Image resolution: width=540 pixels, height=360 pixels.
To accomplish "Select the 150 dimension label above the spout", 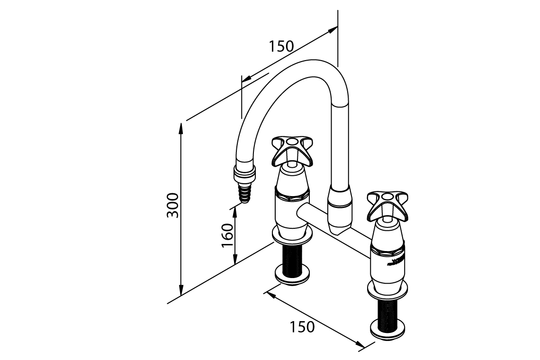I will [x=281, y=46].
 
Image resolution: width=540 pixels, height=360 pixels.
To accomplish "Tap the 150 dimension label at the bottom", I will [x=302, y=327].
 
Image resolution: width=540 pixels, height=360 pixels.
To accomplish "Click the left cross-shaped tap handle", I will [x=292, y=150].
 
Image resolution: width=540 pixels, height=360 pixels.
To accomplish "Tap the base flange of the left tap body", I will [x=292, y=234].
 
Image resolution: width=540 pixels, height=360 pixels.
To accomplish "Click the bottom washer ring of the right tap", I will [x=388, y=328].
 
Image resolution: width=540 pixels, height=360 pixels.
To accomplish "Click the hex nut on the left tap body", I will [x=293, y=193].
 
